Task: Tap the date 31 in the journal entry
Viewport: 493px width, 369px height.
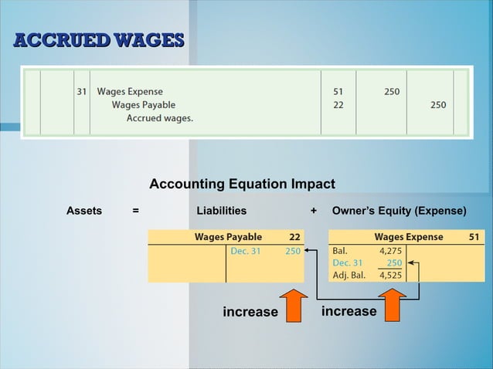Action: [x=81, y=91]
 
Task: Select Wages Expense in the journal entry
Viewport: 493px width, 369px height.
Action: [x=130, y=91]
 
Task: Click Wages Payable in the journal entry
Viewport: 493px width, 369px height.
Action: [x=144, y=105]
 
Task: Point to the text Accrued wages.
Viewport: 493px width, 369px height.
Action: [x=160, y=118]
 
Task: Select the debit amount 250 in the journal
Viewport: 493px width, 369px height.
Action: [x=391, y=91]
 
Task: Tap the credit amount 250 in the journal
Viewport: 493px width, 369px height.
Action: [x=438, y=105]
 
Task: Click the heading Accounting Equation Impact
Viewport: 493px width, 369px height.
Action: [x=242, y=184]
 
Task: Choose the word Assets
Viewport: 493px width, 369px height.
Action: [x=84, y=210]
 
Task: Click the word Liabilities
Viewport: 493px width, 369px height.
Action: [x=222, y=210]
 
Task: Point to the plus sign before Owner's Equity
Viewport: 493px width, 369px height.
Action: [x=313, y=210]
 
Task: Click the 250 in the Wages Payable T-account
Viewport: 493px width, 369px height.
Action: [x=292, y=251]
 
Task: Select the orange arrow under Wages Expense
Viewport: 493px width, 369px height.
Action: [x=392, y=305]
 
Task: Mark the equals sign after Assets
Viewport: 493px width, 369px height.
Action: [x=135, y=210]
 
